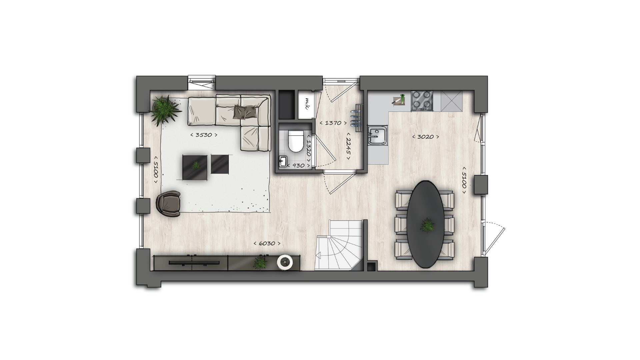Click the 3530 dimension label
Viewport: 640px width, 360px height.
(204, 135)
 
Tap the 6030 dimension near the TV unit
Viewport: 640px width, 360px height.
(267, 243)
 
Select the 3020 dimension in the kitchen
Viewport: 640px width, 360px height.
(425, 137)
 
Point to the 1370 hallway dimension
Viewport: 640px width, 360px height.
(333, 123)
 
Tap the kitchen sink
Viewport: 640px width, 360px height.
(378, 135)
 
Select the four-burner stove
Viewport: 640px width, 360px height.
(422, 101)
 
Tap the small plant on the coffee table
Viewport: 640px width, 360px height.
(196, 165)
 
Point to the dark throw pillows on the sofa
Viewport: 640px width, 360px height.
(245, 112)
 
